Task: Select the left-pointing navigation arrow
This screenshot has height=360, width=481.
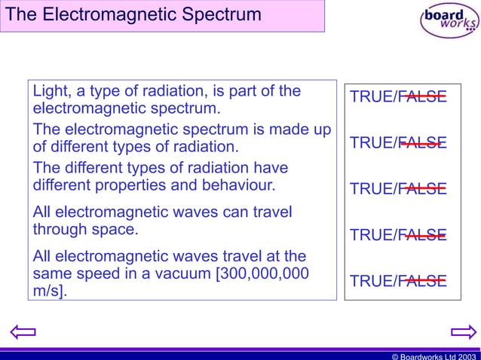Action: [23, 332]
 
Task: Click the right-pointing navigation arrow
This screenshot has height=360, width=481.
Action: [462, 332]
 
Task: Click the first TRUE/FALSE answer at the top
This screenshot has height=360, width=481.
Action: [398, 97]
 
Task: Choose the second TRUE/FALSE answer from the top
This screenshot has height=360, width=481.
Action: [398, 143]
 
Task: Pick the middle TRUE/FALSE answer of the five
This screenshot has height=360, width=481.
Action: [398, 189]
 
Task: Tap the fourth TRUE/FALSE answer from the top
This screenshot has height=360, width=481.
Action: [398, 236]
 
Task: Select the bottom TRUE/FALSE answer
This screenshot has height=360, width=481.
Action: [398, 282]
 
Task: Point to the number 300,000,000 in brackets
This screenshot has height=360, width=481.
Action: [262, 273]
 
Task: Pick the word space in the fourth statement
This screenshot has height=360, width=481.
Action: [113, 229]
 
